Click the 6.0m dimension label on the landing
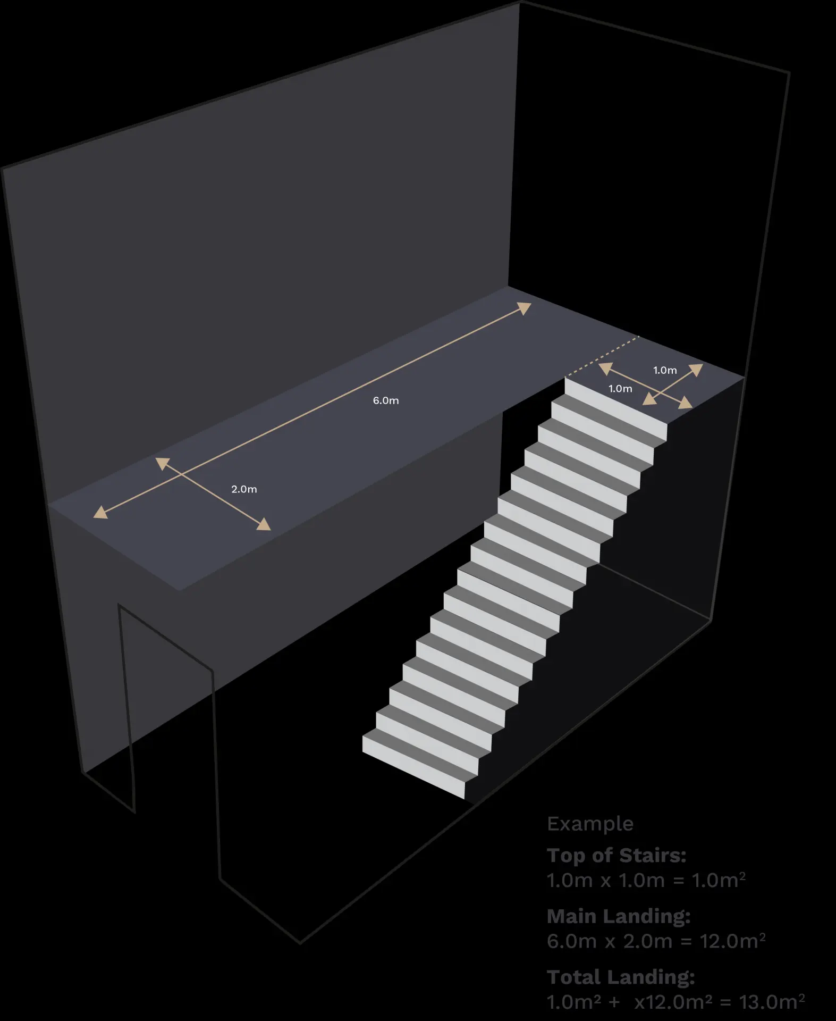385,400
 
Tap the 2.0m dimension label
244,489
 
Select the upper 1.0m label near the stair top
665,370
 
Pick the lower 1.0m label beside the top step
620,389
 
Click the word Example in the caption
590,824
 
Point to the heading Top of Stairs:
617,855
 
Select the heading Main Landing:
619,916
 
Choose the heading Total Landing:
621,977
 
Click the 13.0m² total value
772,1001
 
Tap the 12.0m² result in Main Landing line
732,941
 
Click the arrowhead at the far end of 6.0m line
525,308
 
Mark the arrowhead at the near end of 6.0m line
100,512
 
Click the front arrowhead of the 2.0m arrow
264,524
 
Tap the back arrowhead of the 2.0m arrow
163,463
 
